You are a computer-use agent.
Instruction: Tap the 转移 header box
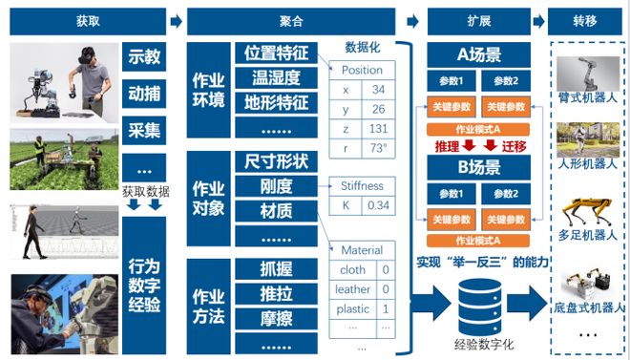pos(587,21)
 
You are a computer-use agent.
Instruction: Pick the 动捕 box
pos(144,94)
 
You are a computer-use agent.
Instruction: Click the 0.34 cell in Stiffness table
pos(378,205)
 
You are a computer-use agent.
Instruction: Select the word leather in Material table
pos(353,289)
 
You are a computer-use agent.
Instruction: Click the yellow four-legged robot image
pos(586,213)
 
